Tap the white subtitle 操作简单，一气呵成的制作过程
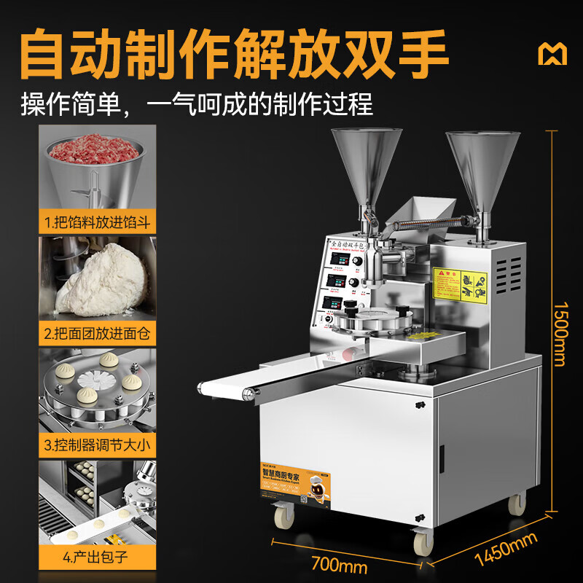pyautogui.click(x=197, y=103)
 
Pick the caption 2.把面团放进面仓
pyautogui.click(x=97, y=334)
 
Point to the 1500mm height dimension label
pyautogui.click(x=560, y=324)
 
